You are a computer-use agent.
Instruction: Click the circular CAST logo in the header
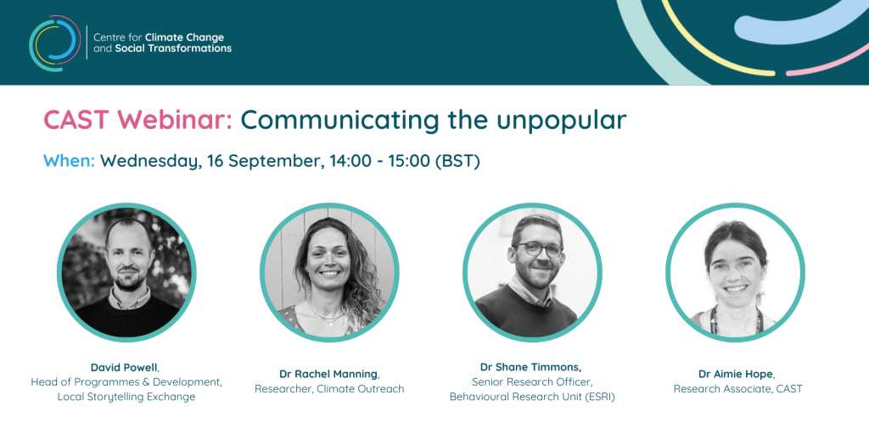[x=54, y=43]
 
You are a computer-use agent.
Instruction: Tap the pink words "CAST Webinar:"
[x=138, y=120]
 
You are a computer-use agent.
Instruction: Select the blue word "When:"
[x=70, y=161]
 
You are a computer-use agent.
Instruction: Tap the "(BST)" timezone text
[x=457, y=162]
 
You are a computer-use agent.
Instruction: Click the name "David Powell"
[x=124, y=368]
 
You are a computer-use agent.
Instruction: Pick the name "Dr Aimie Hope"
[x=736, y=374]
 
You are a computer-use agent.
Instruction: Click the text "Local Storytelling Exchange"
[x=126, y=397]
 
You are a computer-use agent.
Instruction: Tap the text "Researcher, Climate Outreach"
[x=329, y=388]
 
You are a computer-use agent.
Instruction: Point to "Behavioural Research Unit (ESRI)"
[x=532, y=397]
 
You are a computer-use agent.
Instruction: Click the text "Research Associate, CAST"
[x=737, y=388]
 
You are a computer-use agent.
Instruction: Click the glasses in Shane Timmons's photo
[x=536, y=249]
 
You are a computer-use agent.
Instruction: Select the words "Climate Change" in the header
[x=184, y=37]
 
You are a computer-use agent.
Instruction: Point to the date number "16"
[x=216, y=161]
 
